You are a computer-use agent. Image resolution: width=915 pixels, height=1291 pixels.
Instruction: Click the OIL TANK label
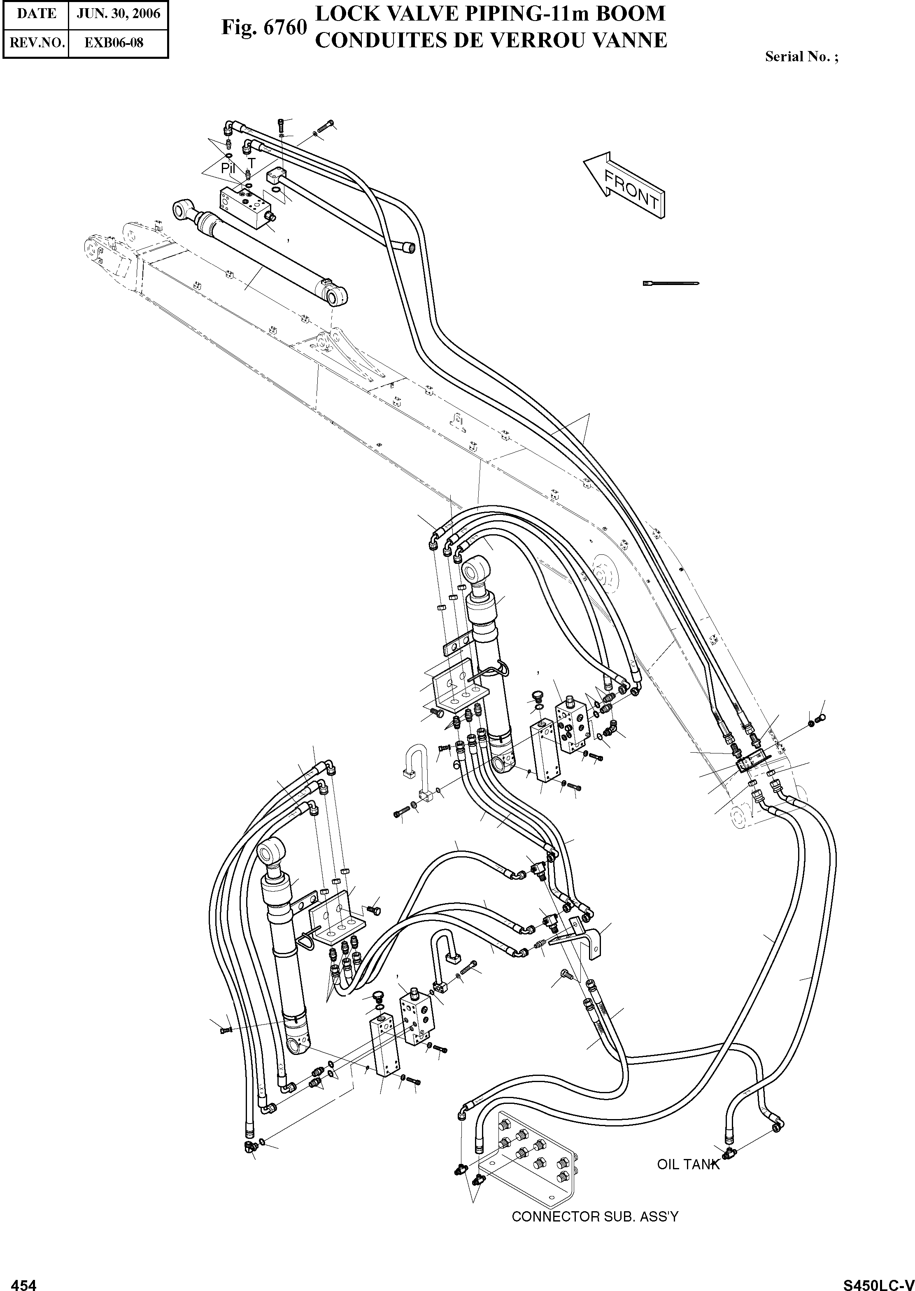pyautogui.click(x=688, y=1164)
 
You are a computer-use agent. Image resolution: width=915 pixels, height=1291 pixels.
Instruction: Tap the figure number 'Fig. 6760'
pyautogui.click(x=264, y=27)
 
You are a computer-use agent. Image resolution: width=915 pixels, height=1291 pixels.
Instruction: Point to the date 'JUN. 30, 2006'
pyautogui.click(x=118, y=14)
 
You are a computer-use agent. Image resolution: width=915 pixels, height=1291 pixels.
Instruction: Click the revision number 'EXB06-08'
pyautogui.click(x=114, y=43)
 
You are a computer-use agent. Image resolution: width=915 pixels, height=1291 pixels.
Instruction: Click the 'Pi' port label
pyautogui.click(x=227, y=168)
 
